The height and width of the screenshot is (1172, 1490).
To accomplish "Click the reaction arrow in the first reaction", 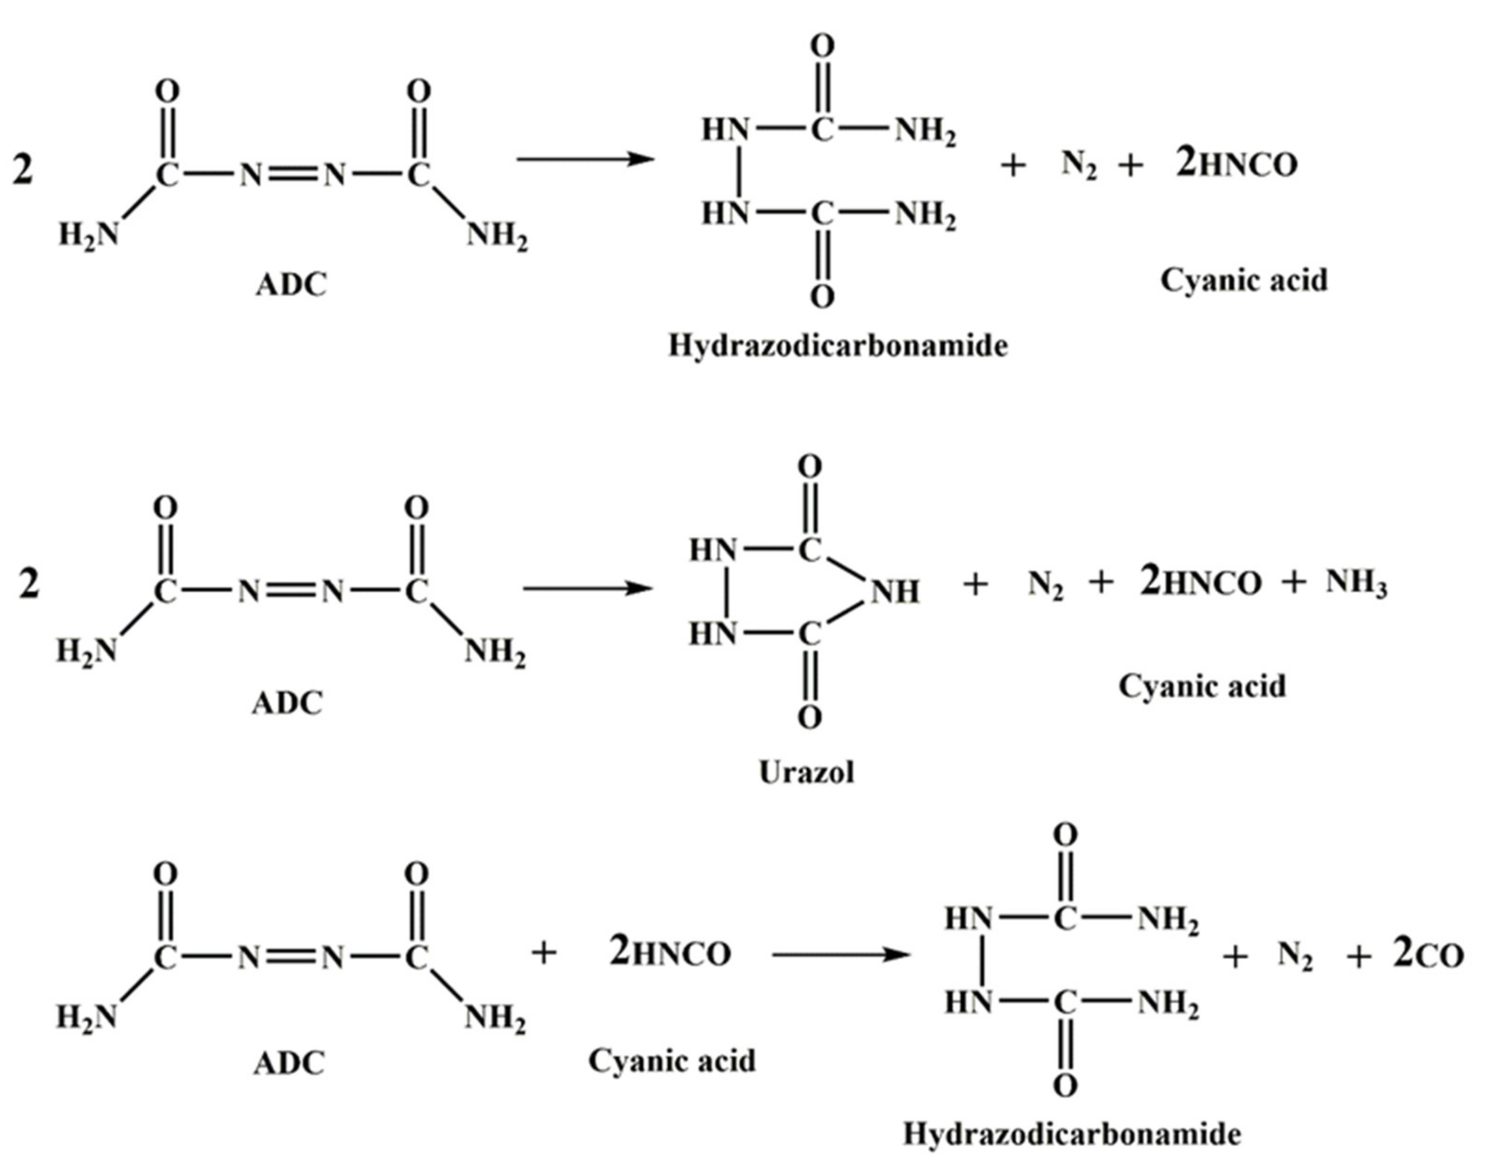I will (584, 160).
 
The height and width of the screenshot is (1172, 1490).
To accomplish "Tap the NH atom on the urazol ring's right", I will (894, 592).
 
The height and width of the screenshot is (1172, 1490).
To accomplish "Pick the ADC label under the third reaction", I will (288, 1064).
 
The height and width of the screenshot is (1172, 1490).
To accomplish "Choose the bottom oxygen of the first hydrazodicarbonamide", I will (822, 297).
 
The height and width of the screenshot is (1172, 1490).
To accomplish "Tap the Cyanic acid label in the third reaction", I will (672, 1061).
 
